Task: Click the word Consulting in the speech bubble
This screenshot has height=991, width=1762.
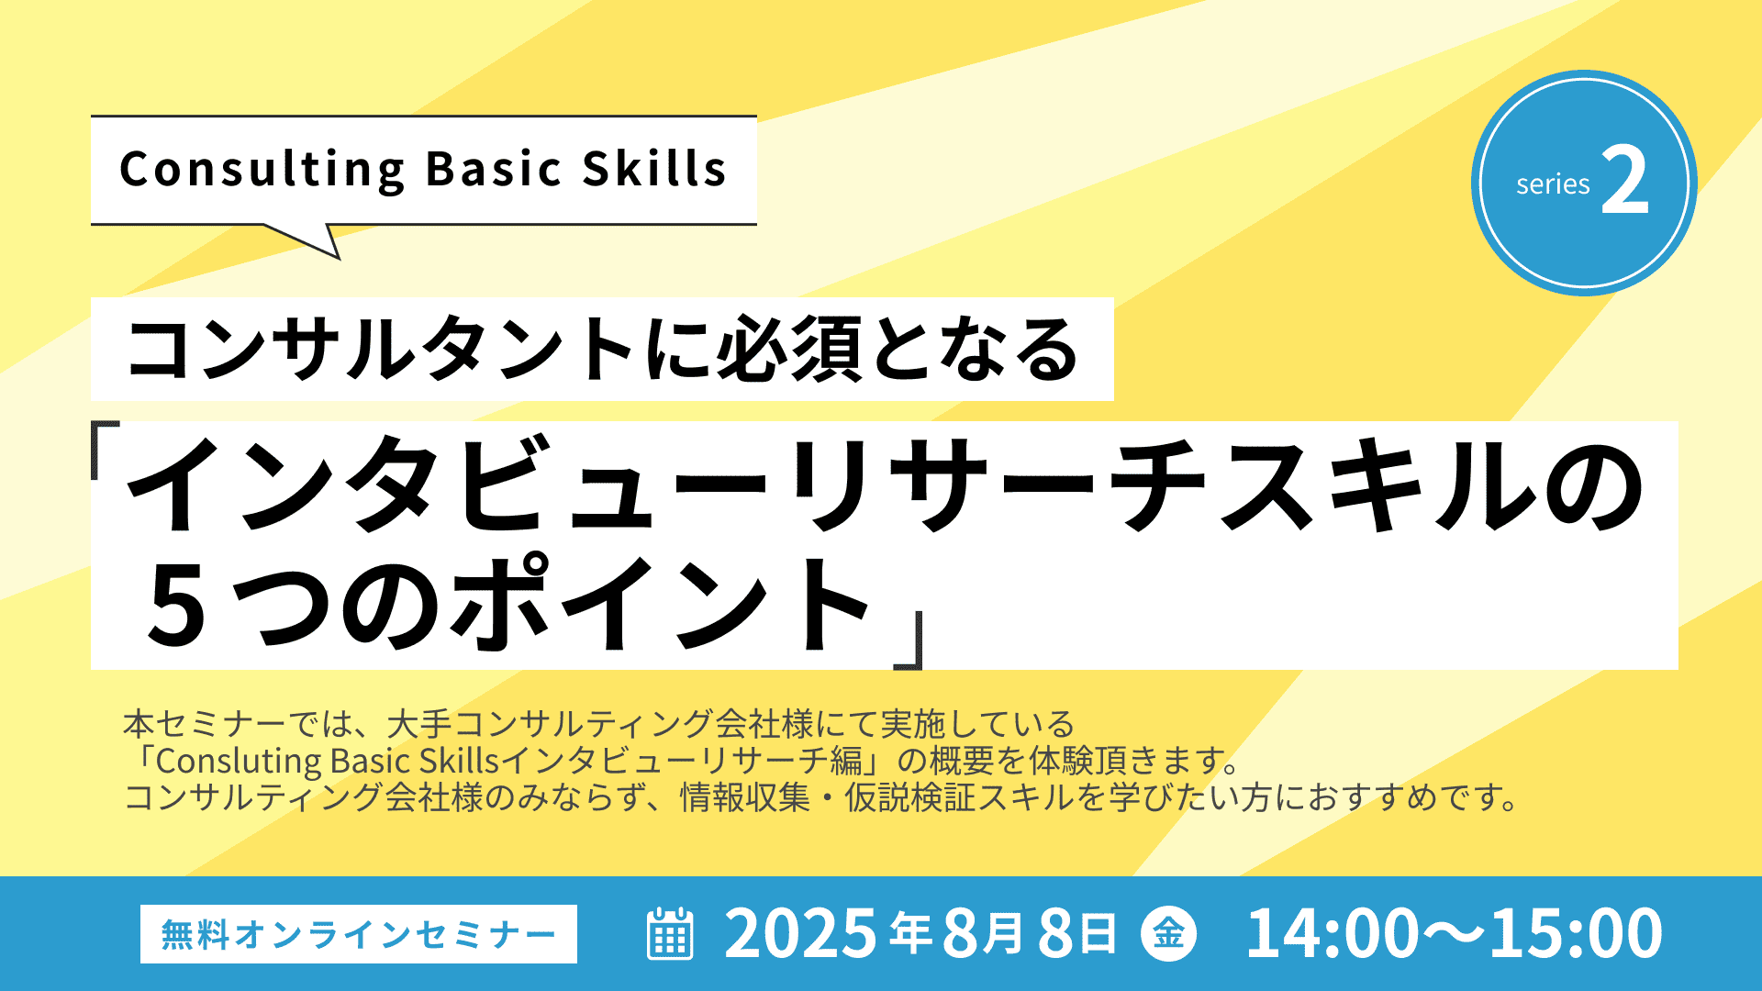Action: (x=262, y=170)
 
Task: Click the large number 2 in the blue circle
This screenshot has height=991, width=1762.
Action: (x=1625, y=181)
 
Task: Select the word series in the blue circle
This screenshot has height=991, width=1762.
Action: (x=1553, y=184)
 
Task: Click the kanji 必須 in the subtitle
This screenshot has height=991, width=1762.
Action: (x=790, y=349)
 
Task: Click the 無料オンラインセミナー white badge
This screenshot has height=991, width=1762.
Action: (x=359, y=934)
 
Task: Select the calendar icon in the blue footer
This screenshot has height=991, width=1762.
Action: (x=670, y=934)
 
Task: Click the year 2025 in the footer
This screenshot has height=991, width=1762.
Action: (x=801, y=933)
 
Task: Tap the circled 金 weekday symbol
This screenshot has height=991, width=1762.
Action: (x=1168, y=934)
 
